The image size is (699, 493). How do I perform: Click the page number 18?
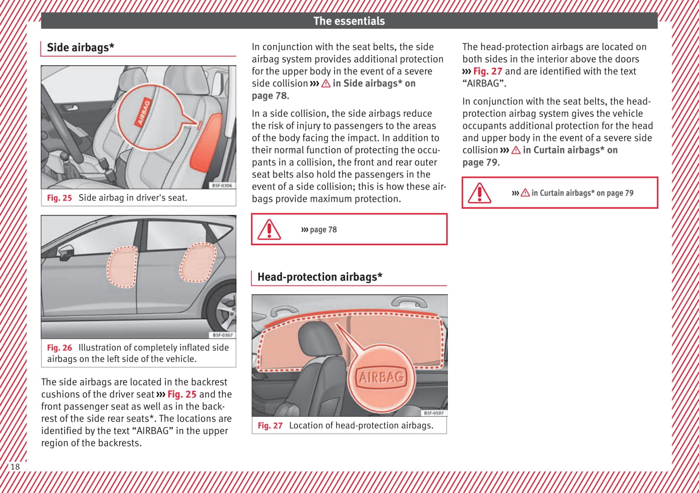tap(15, 466)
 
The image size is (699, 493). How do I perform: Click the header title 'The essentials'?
tap(349, 21)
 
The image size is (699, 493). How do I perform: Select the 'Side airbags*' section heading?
tap(80, 47)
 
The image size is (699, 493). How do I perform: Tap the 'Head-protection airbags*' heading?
tap(319, 277)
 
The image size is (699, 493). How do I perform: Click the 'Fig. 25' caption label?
tap(60, 198)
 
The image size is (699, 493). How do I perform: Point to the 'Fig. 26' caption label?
tap(60, 347)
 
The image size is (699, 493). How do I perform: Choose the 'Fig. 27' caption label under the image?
tap(270, 426)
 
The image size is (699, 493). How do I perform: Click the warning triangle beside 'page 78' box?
tap(269, 230)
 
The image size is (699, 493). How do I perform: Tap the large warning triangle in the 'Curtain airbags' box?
tap(479, 193)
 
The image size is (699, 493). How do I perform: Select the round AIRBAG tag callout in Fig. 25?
tap(147, 112)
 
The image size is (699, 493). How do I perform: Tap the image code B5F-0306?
tap(222, 185)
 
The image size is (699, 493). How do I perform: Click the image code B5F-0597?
tap(434, 413)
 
